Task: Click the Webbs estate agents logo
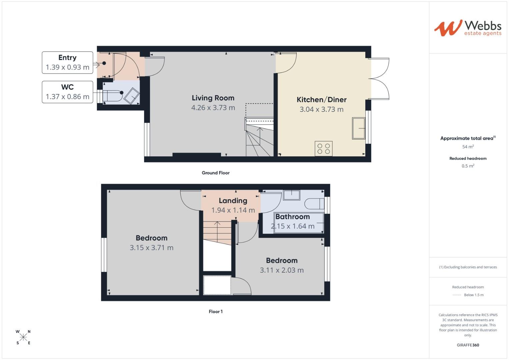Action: [x=467, y=28]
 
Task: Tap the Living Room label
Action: [x=213, y=98]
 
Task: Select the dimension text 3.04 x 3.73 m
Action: [x=321, y=109]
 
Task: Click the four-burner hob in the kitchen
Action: [x=323, y=149]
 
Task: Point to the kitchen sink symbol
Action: [x=358, y=128]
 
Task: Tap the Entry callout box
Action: [x=67, y=62]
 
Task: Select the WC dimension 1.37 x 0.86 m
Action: [x=67, y=97]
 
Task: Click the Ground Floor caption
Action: [x=215, y=173]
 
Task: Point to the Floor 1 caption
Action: [x=215, y=311]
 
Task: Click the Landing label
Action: [x=233, y=201]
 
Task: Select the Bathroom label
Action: [x=292, y=217]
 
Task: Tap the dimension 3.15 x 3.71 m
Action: [x=151, y=248]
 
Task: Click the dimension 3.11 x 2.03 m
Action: [x=282, y=270]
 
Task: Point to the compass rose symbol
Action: [x=23, y=337]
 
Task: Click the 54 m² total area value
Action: [x=468, y=147]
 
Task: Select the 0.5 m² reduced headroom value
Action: [x=468, y=166]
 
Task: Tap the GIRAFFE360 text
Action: [x=468, y=345]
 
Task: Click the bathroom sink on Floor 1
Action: [x=291, y=195]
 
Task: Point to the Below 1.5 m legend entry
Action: [x=473, y=295]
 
